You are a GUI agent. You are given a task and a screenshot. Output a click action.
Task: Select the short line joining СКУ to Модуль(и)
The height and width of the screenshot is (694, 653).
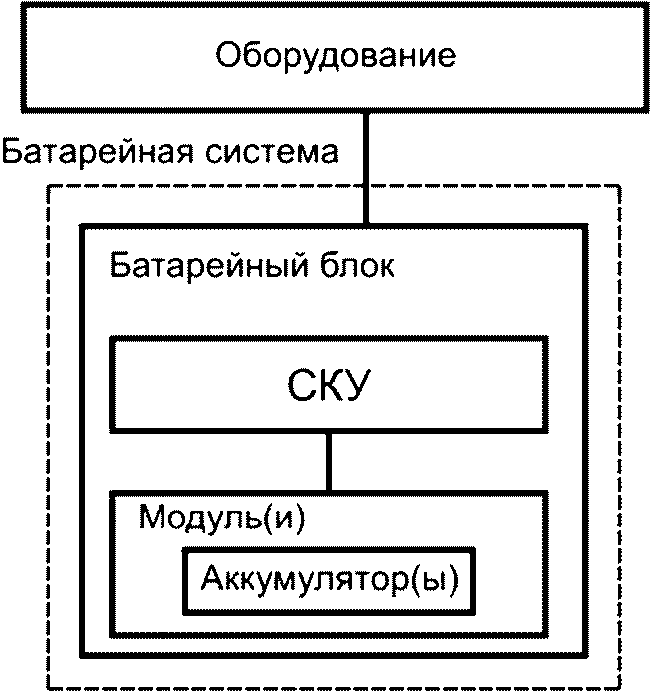click(x=327, y=460)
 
